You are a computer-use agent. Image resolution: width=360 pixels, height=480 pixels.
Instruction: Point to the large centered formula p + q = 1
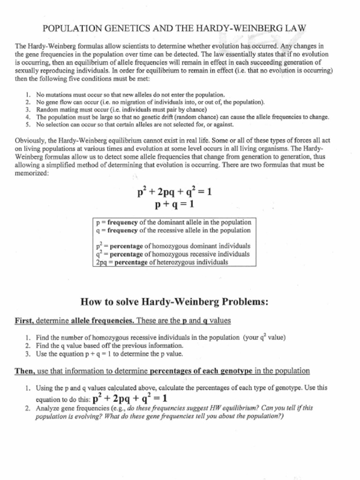[x=174, y=205]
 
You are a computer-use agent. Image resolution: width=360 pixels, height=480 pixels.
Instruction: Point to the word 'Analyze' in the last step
[x=49, y=408]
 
